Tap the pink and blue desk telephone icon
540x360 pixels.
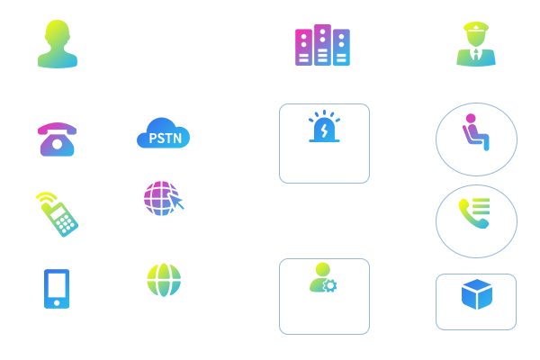pos(56,139)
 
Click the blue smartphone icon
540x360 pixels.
pos(57,288)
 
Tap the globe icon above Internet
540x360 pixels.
pos(164,278)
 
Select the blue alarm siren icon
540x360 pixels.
pos(324,129)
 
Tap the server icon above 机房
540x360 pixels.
pos(321,45)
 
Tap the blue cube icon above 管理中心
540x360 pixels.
pos(476,293)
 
